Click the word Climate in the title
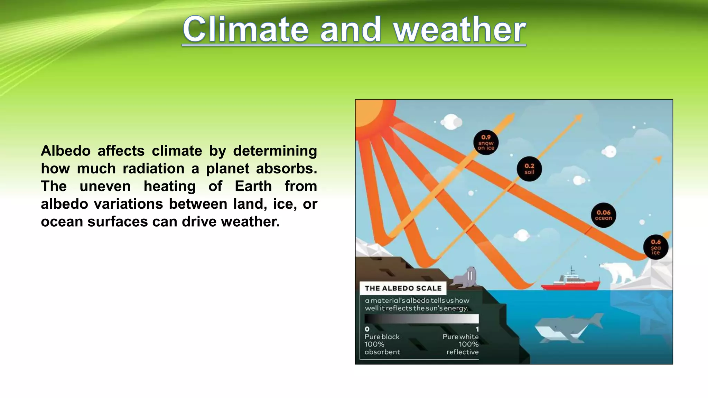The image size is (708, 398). [245, 29]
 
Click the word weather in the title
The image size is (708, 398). [460, 30]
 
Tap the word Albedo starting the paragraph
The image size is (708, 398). [66, 151]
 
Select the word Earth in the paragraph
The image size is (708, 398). [253, 186]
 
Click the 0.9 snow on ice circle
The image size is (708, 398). [486, 142]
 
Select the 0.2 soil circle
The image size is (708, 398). [529, 169]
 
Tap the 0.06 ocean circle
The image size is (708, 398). [603, 215]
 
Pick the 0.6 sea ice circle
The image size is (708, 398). [655, 247]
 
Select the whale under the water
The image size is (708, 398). [567, 328]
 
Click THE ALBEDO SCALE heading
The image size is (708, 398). [403, 288]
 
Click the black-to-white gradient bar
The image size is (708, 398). [421, 319]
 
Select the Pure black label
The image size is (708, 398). [382, 337]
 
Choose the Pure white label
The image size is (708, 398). [460, 337]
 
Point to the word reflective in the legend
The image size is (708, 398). [462, 352]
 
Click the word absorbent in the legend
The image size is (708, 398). [382, 352]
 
